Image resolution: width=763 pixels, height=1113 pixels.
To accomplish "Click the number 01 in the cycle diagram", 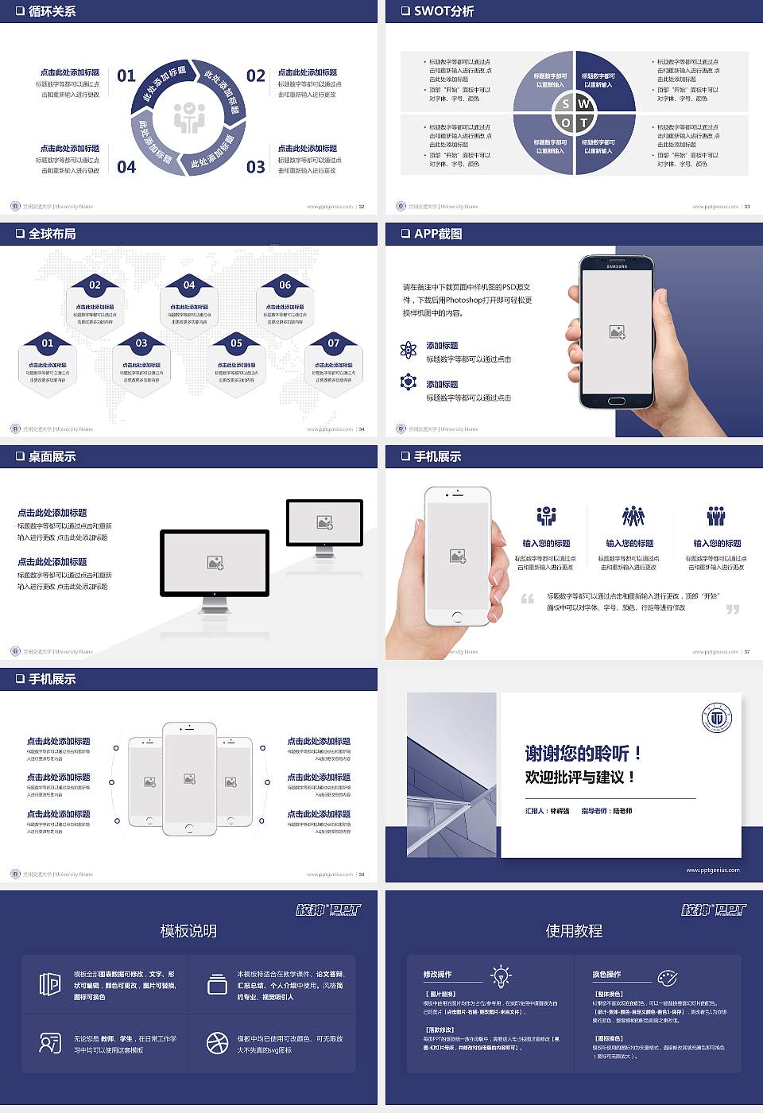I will [126, 76].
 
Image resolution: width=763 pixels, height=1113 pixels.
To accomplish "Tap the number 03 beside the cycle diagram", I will [255, 167].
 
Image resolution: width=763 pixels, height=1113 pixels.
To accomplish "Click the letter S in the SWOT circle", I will [565, 104].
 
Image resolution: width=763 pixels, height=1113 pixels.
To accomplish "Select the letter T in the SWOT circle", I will [584, 122].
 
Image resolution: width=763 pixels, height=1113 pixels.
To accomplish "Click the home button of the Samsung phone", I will [617, 401].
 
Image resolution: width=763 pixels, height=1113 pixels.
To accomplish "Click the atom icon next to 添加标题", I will [409, 350].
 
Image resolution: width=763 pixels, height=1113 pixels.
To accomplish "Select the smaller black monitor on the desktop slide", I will [324, 523].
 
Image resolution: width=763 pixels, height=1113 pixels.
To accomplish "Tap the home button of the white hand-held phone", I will [457, 616].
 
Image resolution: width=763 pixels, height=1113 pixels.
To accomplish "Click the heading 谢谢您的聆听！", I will [583, 753].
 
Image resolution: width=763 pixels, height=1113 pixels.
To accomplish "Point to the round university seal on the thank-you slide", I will [717, 718].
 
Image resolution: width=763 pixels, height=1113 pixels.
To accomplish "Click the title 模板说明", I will [188, 931].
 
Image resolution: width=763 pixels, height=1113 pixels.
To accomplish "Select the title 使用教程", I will [574, 931].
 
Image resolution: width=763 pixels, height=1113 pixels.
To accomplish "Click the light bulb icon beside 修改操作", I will [501, 976].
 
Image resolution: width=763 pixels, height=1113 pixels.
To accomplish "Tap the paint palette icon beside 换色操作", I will [668, 977].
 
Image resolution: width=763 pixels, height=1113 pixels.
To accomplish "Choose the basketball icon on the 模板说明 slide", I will [217, 1043].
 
